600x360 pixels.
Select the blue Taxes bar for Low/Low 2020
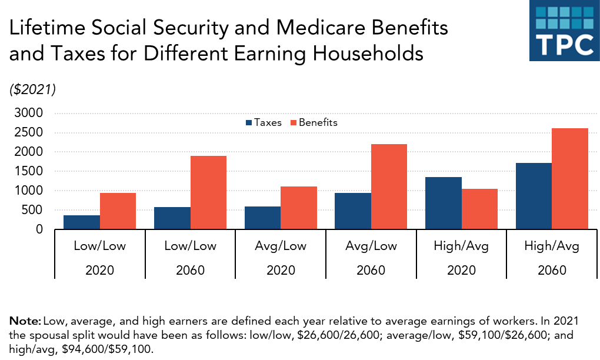[82, 222]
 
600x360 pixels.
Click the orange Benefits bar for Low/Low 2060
[208, 192]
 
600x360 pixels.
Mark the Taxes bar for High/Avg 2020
[444, 203]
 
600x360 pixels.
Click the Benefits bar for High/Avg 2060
[570, 179]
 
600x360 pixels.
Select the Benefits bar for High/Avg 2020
[479, 209]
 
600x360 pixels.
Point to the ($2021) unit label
[32, 89]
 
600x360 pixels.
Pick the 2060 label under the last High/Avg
[552, 271]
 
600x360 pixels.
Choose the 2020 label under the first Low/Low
[100, 271]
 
